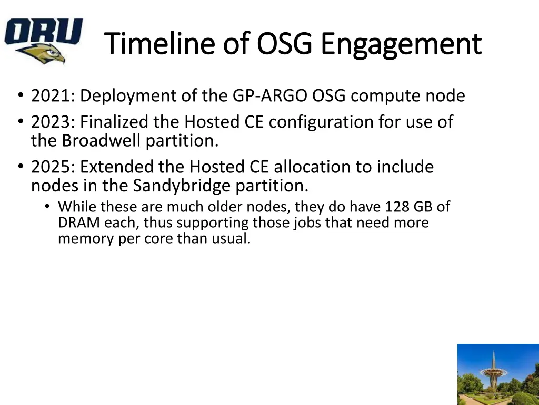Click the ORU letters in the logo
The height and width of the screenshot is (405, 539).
click(44, 31)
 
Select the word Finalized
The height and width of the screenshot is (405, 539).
click(114, 122)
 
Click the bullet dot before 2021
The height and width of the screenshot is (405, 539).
click(21, 95)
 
